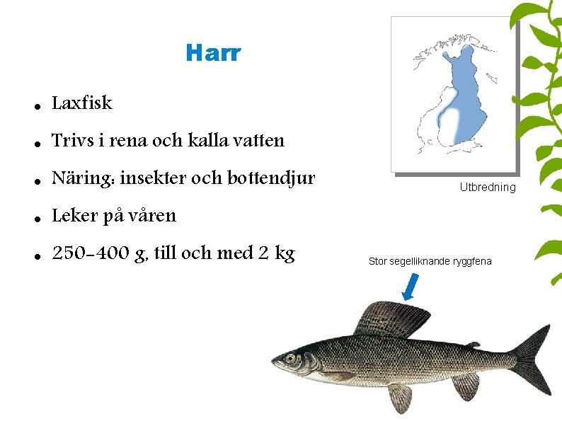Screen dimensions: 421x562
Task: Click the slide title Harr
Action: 213,53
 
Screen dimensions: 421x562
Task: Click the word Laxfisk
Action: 82,103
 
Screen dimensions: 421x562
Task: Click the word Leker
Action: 75,216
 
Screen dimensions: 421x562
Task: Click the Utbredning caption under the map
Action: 488,188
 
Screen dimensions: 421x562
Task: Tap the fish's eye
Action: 290,357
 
